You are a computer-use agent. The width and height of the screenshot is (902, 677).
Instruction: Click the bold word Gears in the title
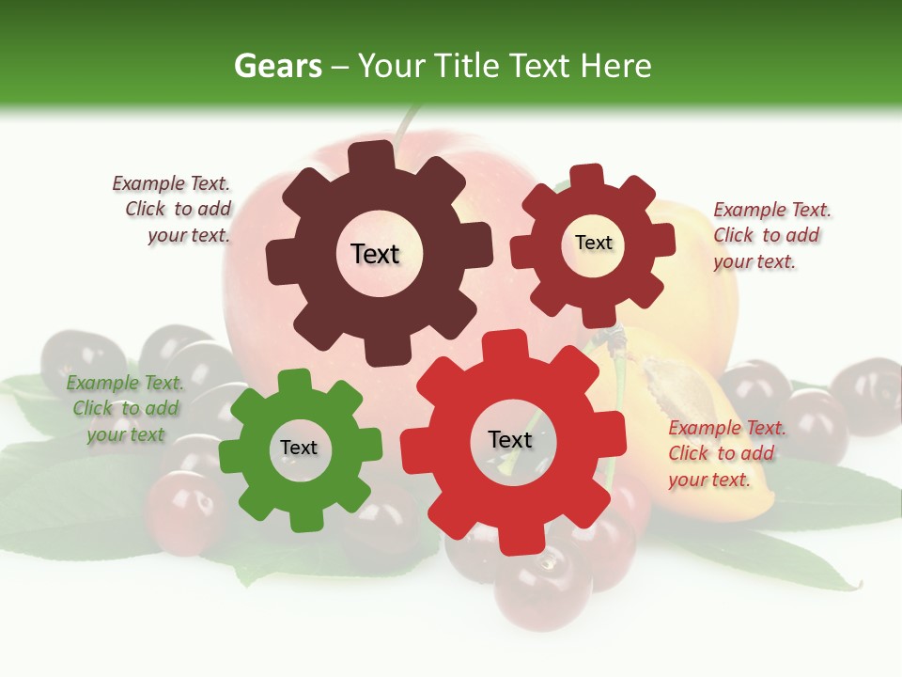click(x=278, y=66)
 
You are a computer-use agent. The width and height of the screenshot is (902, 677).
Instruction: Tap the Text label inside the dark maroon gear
click(x=375, y=254)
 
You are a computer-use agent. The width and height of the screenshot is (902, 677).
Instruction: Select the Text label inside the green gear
click(x=299, y=449)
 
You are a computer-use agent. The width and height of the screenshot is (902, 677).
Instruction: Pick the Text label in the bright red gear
click(x=510, y=440)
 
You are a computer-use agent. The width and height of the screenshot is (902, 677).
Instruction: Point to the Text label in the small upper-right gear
click(x=593, y=243)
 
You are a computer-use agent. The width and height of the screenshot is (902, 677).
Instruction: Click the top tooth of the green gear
click(x=295, y=381)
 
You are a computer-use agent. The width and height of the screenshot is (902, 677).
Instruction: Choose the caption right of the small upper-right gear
click(x=770, y=235)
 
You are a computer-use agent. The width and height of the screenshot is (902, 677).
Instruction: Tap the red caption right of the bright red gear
click(x=725, y=453)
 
